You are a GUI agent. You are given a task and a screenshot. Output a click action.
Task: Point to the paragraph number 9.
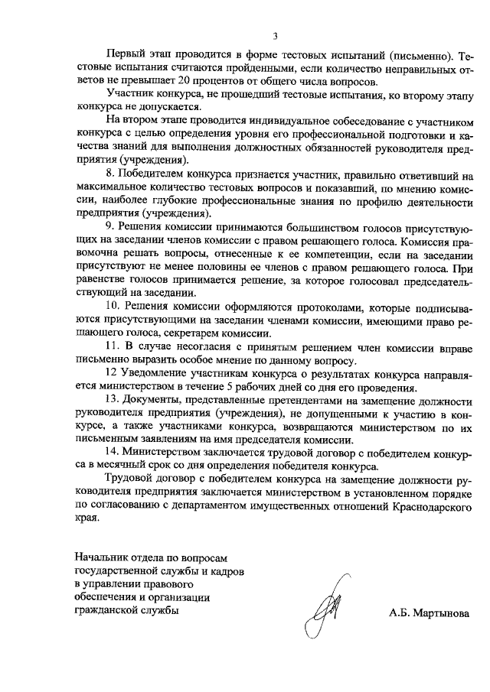(109, 228)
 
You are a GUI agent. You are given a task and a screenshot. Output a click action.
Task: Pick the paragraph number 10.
(113, 307)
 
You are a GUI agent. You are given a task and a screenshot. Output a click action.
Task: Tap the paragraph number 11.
(113, 346)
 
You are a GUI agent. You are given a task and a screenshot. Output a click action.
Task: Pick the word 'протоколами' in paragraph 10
(292, 307)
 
